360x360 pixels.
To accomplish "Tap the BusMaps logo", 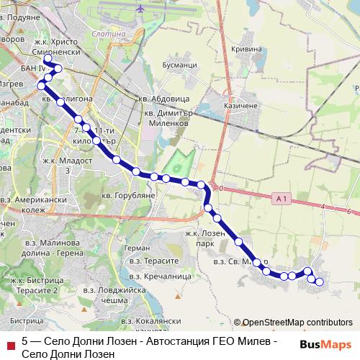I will pos(320,344).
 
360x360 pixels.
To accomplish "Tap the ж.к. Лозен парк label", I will pos(204,238).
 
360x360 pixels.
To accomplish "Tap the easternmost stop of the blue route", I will pos(320,282).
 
